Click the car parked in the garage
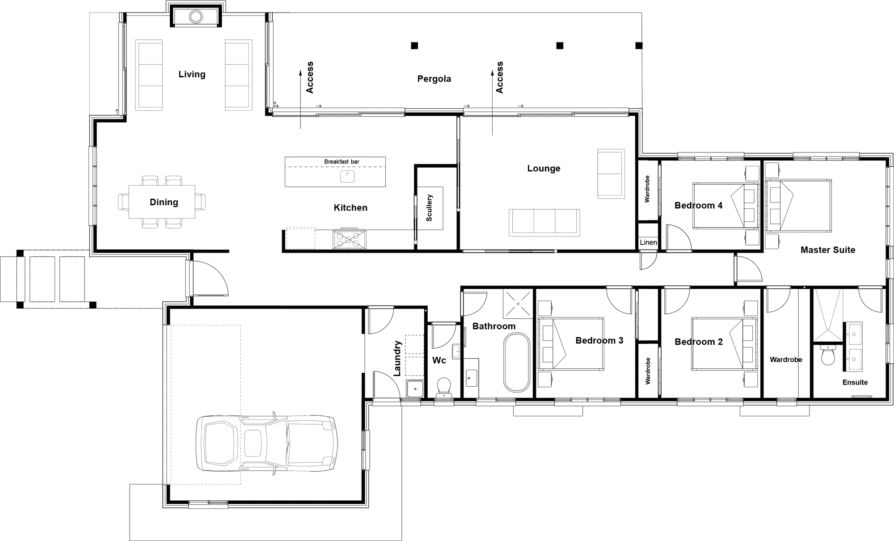266,443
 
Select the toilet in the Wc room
443,387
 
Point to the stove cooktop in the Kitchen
349,239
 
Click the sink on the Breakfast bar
347,176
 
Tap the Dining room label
164,202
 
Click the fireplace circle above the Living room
195,17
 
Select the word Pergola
434,79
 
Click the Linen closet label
648,242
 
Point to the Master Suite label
828,250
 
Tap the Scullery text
429,207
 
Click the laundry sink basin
415,389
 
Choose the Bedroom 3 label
599,341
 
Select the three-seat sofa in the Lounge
544,223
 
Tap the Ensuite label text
855,382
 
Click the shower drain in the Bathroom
518,304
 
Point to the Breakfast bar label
342,162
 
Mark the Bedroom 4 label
698,206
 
